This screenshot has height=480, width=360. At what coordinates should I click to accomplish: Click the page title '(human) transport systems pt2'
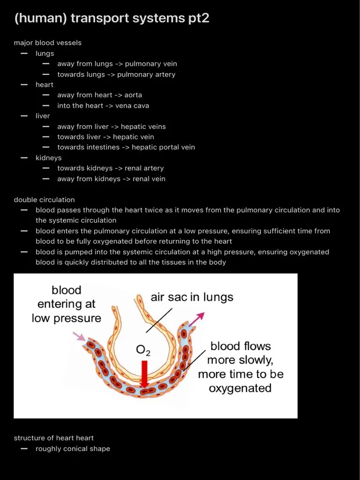click(112, 18)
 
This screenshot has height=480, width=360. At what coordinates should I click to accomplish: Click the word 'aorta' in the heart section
click(133, 95)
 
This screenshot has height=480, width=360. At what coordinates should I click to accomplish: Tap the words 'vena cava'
click(133, 105)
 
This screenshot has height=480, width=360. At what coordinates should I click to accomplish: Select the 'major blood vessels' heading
click(47, 43)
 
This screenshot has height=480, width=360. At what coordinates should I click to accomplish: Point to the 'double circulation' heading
click(44, 200)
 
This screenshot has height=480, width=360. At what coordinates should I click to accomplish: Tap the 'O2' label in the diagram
click(143, 350)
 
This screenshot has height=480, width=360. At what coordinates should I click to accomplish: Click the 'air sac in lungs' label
click(192, 297)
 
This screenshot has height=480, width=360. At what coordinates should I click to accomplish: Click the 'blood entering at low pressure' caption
click(67, 304)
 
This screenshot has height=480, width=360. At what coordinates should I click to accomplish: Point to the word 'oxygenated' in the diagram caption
click(240, 388)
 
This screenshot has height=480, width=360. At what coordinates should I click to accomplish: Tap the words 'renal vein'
click(149, 179)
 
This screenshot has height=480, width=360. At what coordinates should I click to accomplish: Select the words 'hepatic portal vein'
click(163, 147)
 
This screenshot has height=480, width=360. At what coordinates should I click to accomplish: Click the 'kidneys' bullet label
click(48, 158)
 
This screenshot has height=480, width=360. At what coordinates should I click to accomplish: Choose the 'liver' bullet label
click(43, 116)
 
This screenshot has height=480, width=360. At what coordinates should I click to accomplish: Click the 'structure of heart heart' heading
click(54, 438)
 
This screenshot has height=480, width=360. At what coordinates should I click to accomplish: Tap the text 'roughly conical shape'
click(73, 449)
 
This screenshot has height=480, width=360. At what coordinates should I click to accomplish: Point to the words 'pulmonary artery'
click(146, 74)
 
